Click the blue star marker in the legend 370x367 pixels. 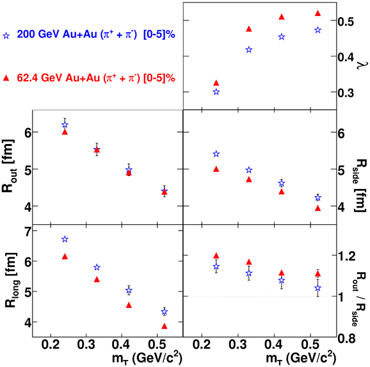coord(6,36)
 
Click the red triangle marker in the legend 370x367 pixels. coord(6,78)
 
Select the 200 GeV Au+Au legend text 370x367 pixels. coord(96,35)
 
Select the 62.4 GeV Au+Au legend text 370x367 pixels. coord(96,77)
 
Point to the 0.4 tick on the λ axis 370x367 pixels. coord(346,56)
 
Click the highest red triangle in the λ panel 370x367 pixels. coord(318,13)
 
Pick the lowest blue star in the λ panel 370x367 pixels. coord(216,92)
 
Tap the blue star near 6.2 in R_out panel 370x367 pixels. coord(65,124)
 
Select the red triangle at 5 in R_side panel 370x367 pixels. coord(216,169)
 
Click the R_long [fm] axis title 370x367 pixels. coord(12,280)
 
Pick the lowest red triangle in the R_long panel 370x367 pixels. coord(165,326)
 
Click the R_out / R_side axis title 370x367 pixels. coord(360,298)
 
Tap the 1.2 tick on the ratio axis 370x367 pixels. coord(346,256)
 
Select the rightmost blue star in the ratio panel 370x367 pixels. coord(318,288)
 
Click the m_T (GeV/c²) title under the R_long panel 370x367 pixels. coord(147,358)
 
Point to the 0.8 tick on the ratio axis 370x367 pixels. coord(346,338)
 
